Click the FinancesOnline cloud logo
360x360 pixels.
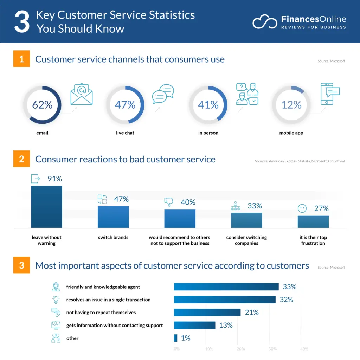tap(265, 22)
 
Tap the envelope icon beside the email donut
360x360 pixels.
tap(81, 94)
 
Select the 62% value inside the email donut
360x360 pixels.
tap(42, 105)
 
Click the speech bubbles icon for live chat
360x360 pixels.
tap(163, 94)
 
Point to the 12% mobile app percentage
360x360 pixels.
tap(291, 105)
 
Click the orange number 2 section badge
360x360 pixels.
tap(21, 159)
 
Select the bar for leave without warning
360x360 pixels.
tap(46, 207)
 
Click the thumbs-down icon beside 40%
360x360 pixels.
tap(169, 202)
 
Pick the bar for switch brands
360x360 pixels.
tap(113, 217)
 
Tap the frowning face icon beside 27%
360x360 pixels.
tap(302, 208)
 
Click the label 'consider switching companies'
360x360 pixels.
tap(246, 240)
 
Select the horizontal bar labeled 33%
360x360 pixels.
tap(226, 287)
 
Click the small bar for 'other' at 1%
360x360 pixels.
tap(175, 338)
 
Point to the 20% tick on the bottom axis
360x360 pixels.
tap(240, 349)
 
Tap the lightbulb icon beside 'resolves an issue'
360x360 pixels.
tap(56, 300)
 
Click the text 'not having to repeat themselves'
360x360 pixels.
tap(101, 313)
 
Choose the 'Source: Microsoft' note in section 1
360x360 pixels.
tap(331, 61)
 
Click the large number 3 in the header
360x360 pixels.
tap(21, 22)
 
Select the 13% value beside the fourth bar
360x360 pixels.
tap(226, 326)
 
